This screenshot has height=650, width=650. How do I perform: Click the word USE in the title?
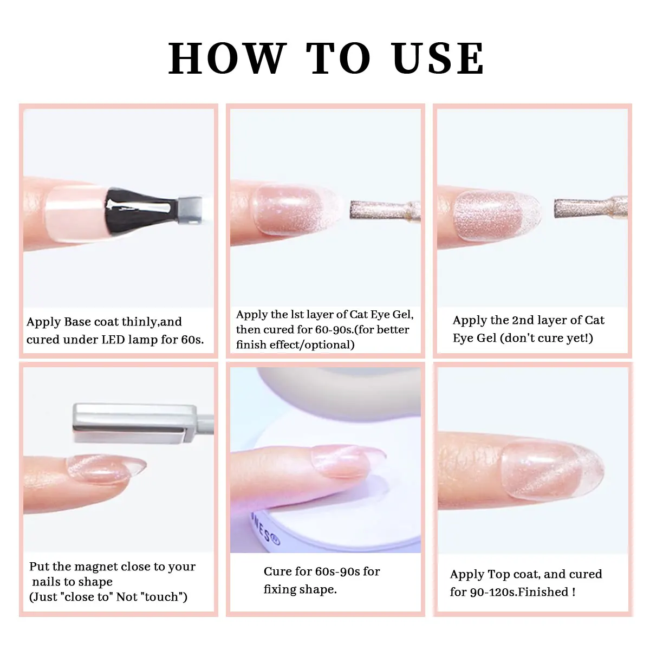pyautogui.click(x=438, y=58)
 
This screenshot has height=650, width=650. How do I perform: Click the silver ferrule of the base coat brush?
pyautogui.click(x=189, y=206)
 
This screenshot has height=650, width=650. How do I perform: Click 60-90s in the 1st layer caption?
pyautogui.click(x=334, y=329)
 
